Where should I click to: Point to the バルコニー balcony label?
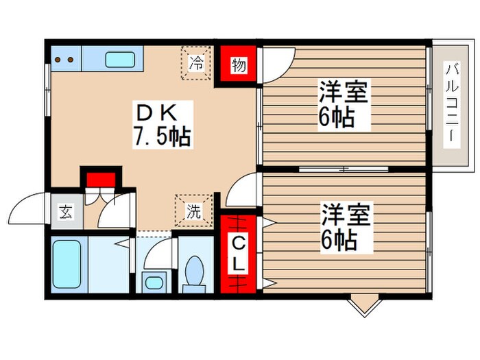(452, 103)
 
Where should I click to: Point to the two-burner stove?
(64, 58)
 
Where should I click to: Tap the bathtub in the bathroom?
(68, 264)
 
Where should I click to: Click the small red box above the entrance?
(99, 178)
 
